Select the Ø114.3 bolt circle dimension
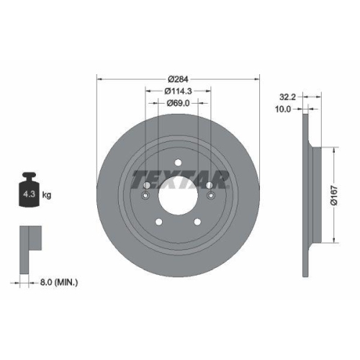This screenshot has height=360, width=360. point(178,91)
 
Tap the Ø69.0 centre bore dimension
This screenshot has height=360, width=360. point(178,103)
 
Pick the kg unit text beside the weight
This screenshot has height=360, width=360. point(47,194)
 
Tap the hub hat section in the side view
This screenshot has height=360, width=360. point(311,194)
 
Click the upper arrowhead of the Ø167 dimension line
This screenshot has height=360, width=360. point(333,149)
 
